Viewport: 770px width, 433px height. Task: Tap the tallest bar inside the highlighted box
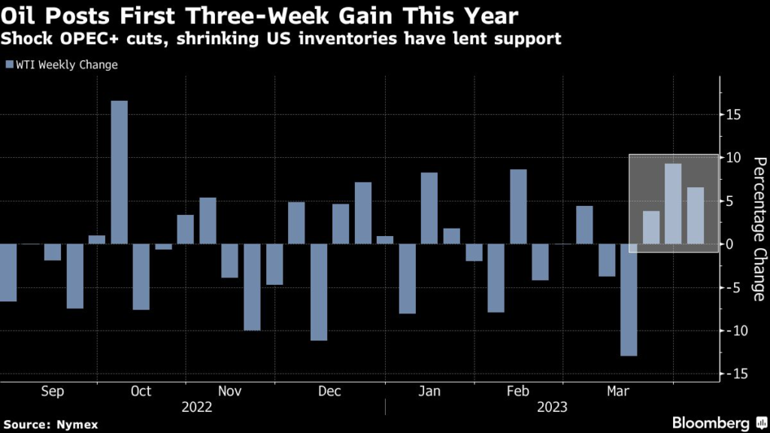(x=673, y=204)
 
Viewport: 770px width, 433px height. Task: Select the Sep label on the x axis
(x=52, y=391)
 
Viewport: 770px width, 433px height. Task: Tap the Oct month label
(x=141, y=391)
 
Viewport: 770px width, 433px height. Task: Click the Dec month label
(x=329, y=391)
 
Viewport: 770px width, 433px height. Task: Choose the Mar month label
(x=618, y=391)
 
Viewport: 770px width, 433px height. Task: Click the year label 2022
(x=197, y=407)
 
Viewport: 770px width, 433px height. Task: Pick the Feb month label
(x=518, y=391)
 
